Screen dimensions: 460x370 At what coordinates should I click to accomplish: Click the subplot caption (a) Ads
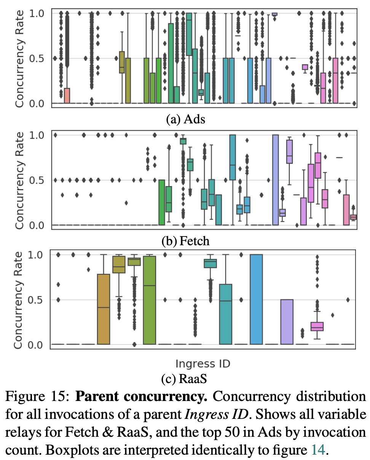[x=186, y=119]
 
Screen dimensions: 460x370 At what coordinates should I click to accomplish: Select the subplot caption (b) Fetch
[x=186, y=241]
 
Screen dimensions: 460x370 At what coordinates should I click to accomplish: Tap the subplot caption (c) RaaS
[x=186, y=379]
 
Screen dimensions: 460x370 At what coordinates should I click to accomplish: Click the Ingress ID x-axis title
[x=203, y=364]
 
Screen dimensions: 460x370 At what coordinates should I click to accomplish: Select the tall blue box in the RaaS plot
[x=256, y=299]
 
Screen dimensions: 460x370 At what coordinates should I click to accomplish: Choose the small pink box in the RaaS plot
[x=317, y=326]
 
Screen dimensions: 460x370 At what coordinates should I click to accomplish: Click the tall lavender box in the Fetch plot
[x=276, y=180]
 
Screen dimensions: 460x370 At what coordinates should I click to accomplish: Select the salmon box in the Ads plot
[x=67, y=96]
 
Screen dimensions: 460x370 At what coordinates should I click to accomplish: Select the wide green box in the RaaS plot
[x=150, y=300]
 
